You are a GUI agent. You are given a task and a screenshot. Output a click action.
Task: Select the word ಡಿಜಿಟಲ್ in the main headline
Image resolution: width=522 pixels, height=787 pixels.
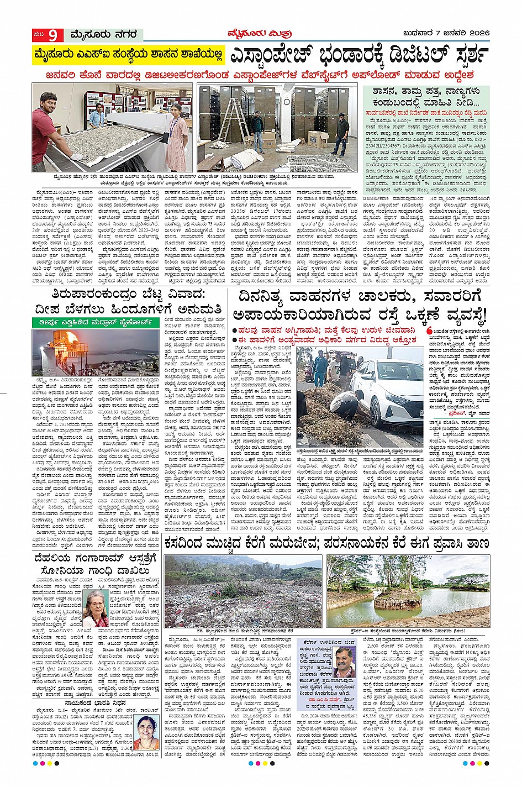404,56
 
